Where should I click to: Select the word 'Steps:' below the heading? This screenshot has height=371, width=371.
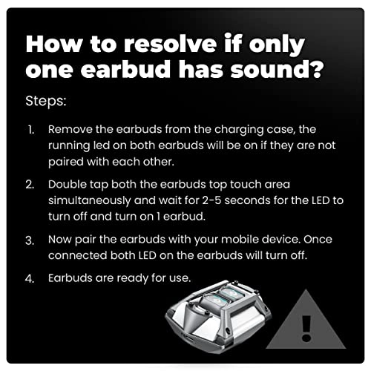45,99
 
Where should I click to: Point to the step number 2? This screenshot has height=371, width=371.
31,183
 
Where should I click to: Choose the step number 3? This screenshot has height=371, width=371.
31,240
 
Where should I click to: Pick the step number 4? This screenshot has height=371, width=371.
31,280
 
